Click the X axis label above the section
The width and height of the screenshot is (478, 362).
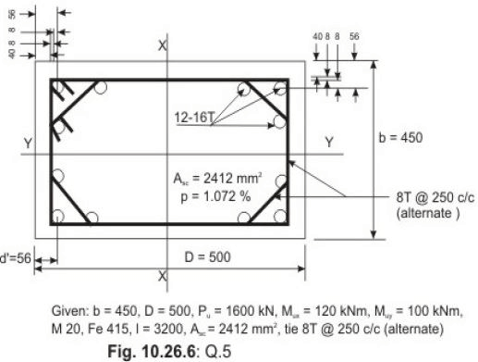click(162, 44)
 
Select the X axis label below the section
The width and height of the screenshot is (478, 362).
click(162, 276)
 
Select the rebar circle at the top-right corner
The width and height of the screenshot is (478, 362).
click(279, 89)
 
